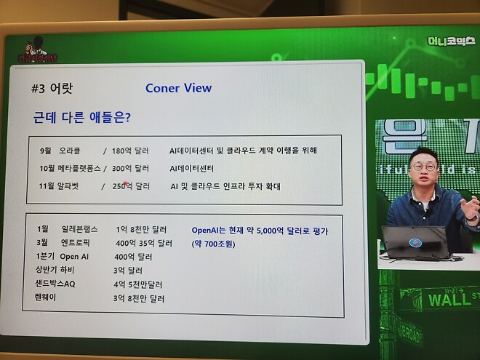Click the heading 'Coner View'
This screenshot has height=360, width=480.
pos(178,88)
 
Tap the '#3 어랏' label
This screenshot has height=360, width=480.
pos(53,89)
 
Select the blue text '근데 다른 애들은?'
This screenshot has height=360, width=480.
pos(82,116)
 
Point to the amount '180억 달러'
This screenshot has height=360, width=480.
pos(130,151)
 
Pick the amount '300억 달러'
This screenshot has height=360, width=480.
pos(130,168)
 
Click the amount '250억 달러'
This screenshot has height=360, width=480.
pos(131,186)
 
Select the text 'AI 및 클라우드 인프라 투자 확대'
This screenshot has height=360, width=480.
pos(225,186)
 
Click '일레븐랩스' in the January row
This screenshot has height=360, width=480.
pos(79,229)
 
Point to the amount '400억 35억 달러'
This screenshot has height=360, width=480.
pos(144,243)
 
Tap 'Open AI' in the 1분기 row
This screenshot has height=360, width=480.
pos(74,257)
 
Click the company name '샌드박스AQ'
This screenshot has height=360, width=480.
pos(55,284)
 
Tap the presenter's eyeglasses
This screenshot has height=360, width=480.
pos(423,167)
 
